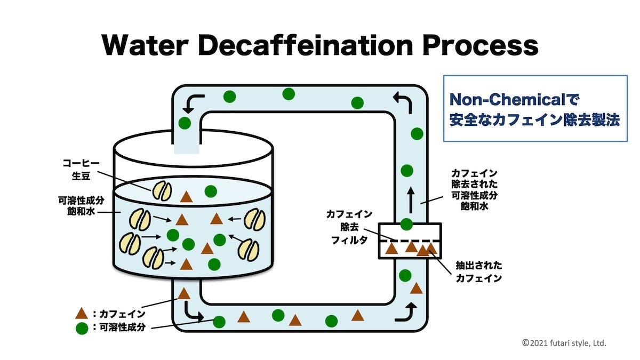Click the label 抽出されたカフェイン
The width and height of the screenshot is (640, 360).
478,271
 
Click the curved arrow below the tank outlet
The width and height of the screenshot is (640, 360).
194,312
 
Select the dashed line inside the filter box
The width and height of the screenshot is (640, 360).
410,241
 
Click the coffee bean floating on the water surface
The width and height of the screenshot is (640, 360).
162,190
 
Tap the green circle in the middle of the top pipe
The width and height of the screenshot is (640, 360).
289,94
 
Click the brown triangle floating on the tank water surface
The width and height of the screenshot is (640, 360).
186,197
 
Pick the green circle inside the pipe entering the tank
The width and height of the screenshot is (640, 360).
185,123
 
